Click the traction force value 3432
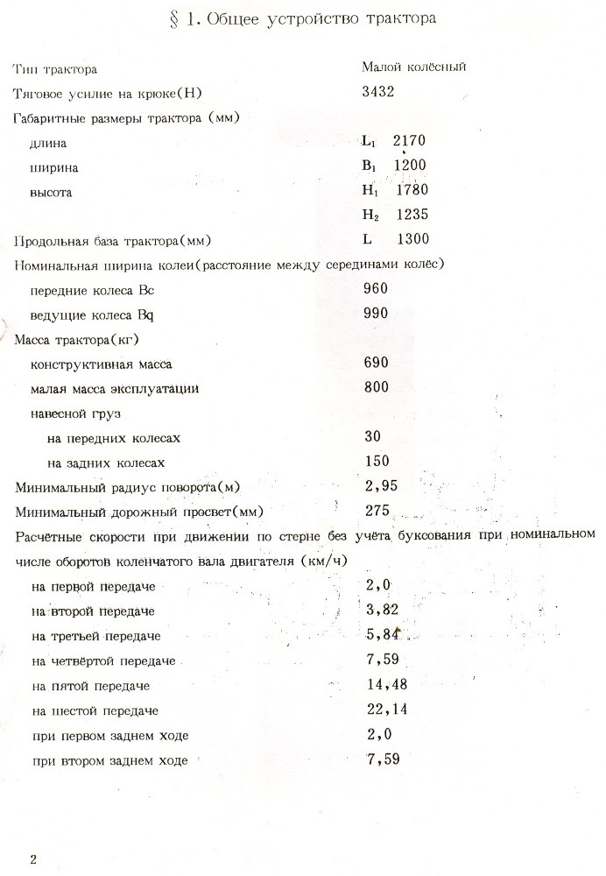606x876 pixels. click(378, 92)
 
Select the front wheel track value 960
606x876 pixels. click(375, 287)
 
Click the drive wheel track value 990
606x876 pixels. click(375, 312)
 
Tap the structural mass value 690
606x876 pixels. click(375, 362)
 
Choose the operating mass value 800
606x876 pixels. click(375, 386)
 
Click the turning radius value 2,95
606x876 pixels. click(378, 485)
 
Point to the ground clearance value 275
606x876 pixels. click(375, 510)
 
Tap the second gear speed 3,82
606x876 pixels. click(380, 609)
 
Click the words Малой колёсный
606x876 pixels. click(412, 67)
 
